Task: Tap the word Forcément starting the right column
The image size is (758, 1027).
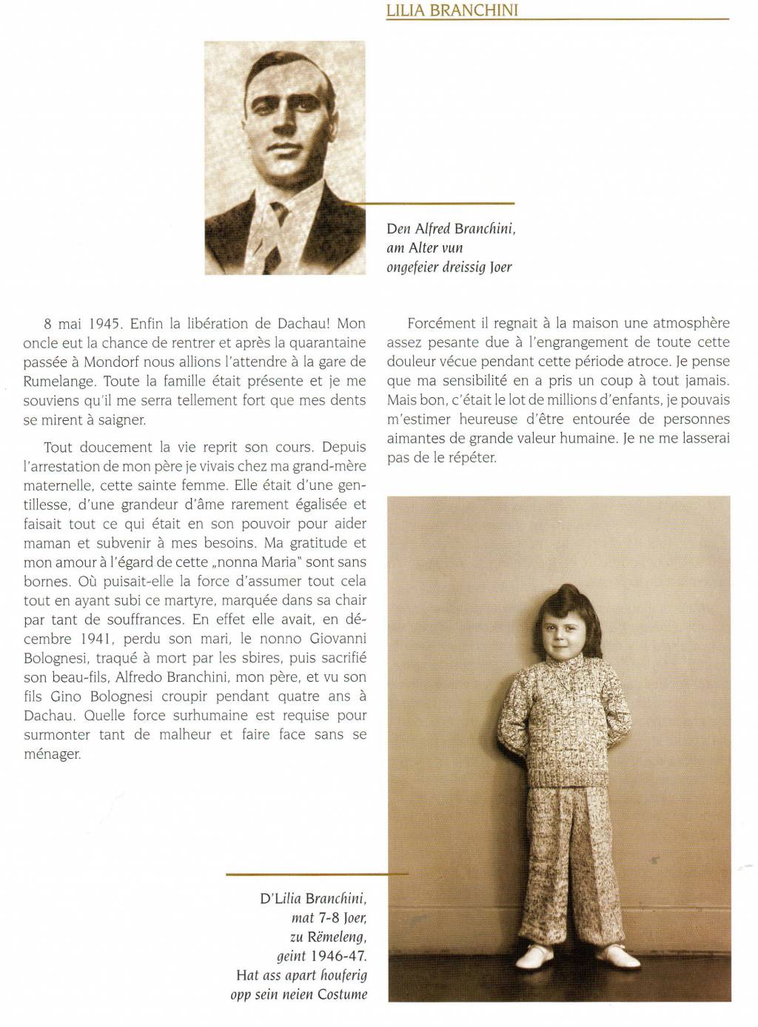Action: [440, 324]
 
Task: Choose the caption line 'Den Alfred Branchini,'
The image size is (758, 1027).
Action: [451, 228]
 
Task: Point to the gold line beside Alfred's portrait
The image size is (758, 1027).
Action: [429, 202]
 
